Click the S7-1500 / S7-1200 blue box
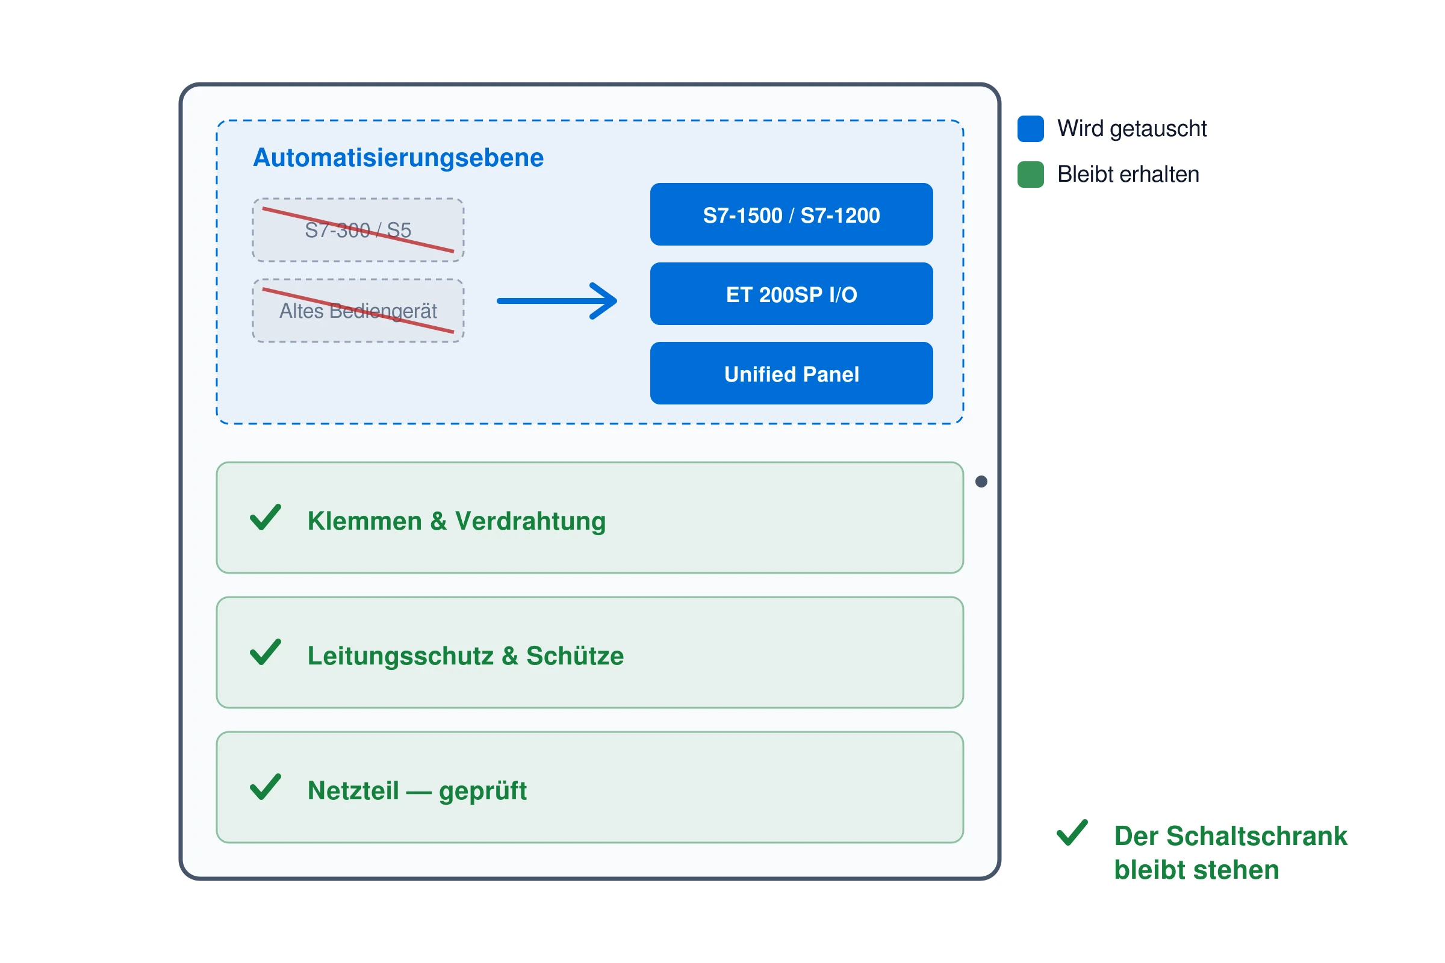pyautogui.click(x=791, y=214)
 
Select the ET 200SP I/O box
pyautogui.click(x=791, y=294)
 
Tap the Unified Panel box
pyautogui.click(x=791, y=373)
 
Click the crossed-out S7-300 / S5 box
pyautogui.click(x=358, y=231)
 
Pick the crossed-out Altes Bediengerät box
pyautogui.click(x=358, y=311)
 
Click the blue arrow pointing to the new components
pyautogui.click(x=556, y=301)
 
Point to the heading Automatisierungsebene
pyautogui.click(x=398, y=158)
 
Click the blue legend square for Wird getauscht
pyautogui.click(x=1030, y=128)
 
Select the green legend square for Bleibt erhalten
pyautogui.click(x=1030, y=175)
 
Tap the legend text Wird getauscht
pyautogui.click(x=1132, y=129)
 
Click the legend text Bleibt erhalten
pyautogui.click(x=1128, y=175)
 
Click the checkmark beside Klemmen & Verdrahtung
pyautogui.click(x=266, y=517)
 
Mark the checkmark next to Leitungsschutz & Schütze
pyautogui.click(x=266, y=652)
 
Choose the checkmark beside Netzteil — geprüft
pyautogui.click(x=266, y=787)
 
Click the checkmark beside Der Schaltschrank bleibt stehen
pyautogui.click(x=1072, y=832)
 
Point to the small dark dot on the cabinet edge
pyautogui.click(x=981, y=482)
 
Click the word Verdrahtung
pyautogui.click(x=530, y=521)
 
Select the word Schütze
pyautogui.click(x=575, y=656)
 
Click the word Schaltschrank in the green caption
pyautogui.click(x=1257, y=836)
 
